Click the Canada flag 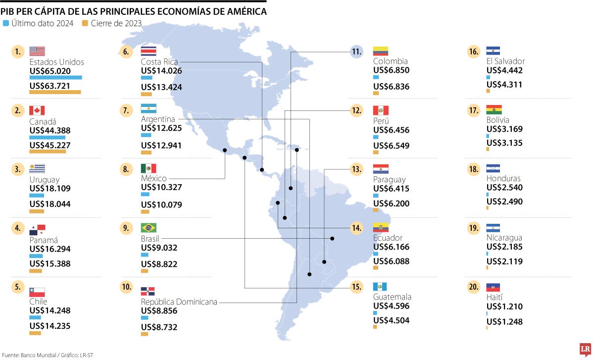coord(37,110)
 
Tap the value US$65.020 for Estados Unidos coord(50,71)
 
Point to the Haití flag coord(494,287)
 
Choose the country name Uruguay coord(45,179)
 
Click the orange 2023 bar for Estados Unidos coord(55,92)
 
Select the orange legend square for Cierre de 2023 coord(85,23)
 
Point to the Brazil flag coord(148,228)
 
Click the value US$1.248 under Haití coord(504,322)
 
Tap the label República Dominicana coord(179,302)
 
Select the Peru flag coord(381,110)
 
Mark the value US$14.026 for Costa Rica coord(161,71)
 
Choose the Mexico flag coord(148,169)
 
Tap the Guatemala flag coord(381,287)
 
